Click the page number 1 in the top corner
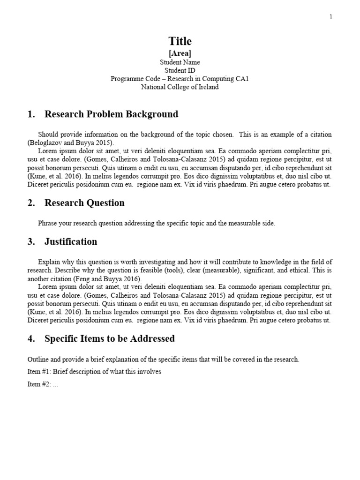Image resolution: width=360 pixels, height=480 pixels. point(330,17)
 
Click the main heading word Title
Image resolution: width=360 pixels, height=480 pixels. point(180,41)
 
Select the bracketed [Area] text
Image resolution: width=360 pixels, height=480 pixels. point(180,53)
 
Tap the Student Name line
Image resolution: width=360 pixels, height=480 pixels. point(180,62)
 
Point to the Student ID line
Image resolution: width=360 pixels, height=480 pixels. point(180,70)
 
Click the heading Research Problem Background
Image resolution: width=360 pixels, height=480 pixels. point(111,114)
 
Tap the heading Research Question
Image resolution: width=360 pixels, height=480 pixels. point(84,203)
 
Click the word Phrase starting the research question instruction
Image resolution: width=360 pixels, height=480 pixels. point(47,224)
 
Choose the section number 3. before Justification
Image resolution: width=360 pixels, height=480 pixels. point(31,242)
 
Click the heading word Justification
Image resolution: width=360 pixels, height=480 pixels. point(71,242)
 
